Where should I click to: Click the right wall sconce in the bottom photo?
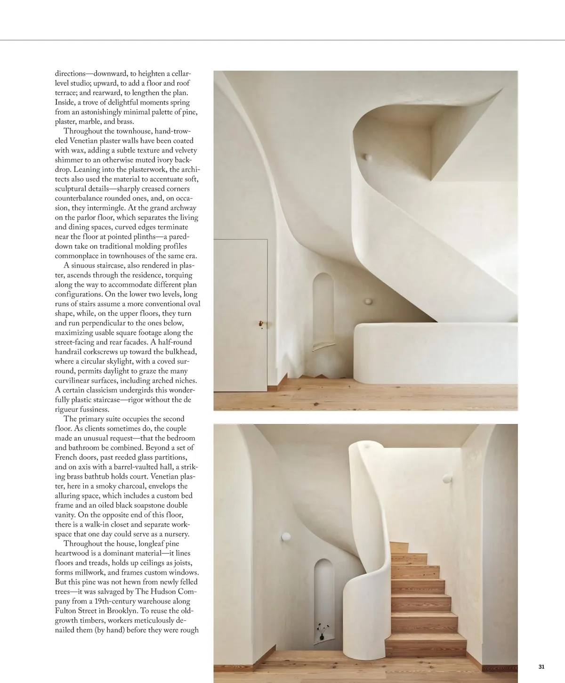point(445,479)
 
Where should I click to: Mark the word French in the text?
point(65,457)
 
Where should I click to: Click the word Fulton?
point(65,611)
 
